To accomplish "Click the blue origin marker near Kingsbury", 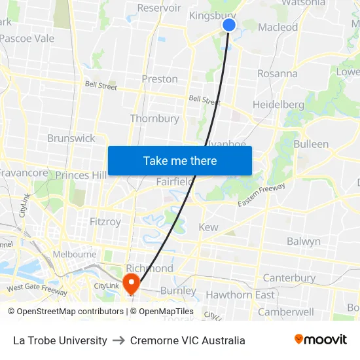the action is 229,25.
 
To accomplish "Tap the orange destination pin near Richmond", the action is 131,283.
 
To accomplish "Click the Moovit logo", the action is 321,340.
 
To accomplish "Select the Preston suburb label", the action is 160,79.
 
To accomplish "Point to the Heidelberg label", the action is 278,105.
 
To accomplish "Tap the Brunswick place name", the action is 71,139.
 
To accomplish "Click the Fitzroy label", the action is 105,222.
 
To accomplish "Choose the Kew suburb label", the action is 208,228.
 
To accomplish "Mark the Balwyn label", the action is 304,242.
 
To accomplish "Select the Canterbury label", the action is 289,278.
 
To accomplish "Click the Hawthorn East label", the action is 240,295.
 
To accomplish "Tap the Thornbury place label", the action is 154,119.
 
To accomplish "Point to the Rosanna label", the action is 278,73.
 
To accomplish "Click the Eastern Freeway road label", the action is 262,195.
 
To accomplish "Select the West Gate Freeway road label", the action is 37,288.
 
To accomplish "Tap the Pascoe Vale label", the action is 27,39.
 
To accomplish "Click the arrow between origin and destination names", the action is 118,340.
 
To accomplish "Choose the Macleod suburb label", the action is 278,27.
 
